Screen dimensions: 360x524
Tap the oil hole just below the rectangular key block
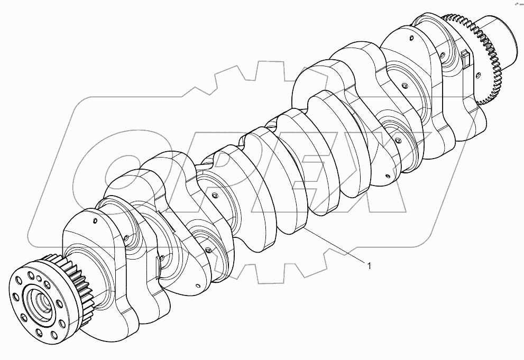click(x=476, y=76)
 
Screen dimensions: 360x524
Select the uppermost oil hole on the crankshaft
click(x=410, y=38)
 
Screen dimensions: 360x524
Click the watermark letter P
click(x=222, y=174)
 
